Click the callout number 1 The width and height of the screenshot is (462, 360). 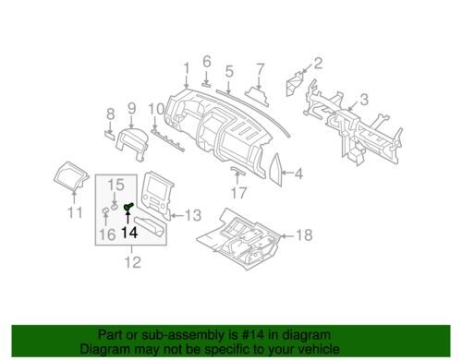tap(186, 67)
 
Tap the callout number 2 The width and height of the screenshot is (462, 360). tap(319, 64)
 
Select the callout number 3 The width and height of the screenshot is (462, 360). tap(364, 99)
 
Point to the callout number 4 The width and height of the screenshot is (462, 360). tap(298, 172)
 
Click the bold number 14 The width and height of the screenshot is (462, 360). tap(129, 235)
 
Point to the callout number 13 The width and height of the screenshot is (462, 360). tap(192, 216)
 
